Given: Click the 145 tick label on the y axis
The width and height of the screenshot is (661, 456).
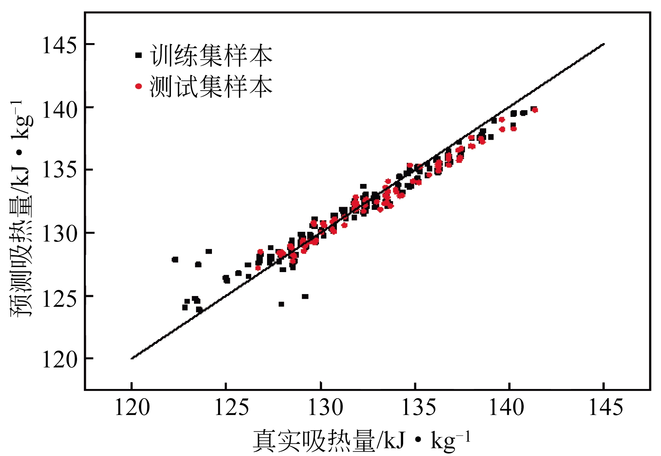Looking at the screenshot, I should [59, 45].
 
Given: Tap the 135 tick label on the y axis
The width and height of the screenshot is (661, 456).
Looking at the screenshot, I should [59, 171].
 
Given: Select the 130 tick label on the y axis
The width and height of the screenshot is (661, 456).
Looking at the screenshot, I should [59, 234].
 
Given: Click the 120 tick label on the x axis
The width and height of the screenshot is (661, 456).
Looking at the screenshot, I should [132, 408].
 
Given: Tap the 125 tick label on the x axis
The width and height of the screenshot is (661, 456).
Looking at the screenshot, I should [226, 408].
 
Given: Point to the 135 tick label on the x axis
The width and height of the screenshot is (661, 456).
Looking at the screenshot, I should [416, 408].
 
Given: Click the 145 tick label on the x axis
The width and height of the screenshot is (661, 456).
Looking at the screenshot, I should [604, 408].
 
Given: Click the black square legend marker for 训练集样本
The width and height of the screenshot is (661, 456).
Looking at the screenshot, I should [139, 55].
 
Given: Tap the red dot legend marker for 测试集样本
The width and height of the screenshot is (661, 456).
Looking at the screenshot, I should [139, 86].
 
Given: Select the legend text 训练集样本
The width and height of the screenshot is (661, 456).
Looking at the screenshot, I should [211, 55].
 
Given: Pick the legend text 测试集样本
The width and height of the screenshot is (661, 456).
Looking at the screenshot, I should [211, 86].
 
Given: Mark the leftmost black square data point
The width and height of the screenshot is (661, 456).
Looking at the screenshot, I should [175, 260].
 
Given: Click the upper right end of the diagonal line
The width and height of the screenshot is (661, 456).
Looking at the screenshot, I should [604, 44].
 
